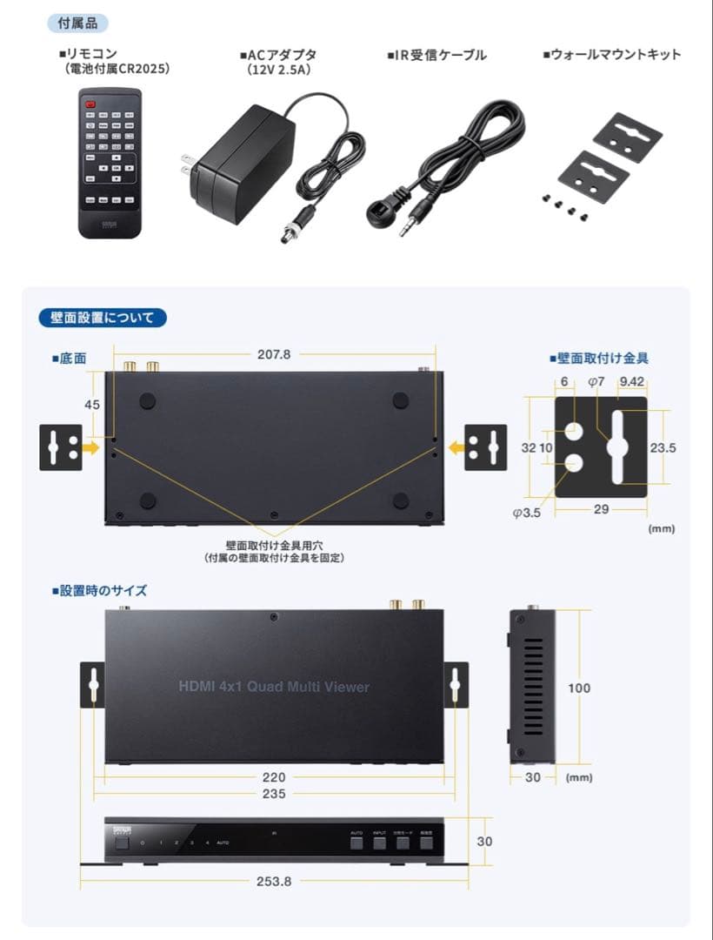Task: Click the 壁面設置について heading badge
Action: pos(103,318)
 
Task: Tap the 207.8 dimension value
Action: pos(274,354)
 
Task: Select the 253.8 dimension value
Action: pos(274,881)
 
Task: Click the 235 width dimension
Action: pos(274,794)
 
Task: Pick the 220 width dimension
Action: pos(274,777)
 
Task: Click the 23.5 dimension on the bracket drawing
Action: pos(663,447)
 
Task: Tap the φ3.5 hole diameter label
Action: pos(527,512)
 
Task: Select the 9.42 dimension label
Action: pos(632,381)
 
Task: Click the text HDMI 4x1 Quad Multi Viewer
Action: pos(274,687)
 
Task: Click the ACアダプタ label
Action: pos(279,54)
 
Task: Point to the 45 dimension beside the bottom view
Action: pos(93,404)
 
